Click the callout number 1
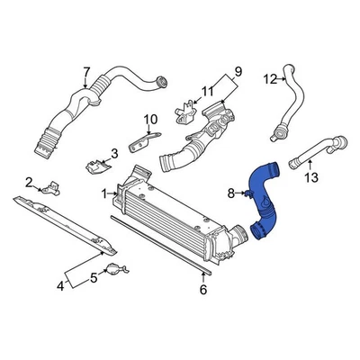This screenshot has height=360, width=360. (x=104, y=192)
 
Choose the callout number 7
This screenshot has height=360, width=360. (x=86, y=72)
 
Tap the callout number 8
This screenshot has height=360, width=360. (x=230, y=193)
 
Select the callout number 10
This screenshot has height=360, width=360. (x=149, y=118)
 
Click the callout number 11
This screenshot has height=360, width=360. (x=207, y=90)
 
